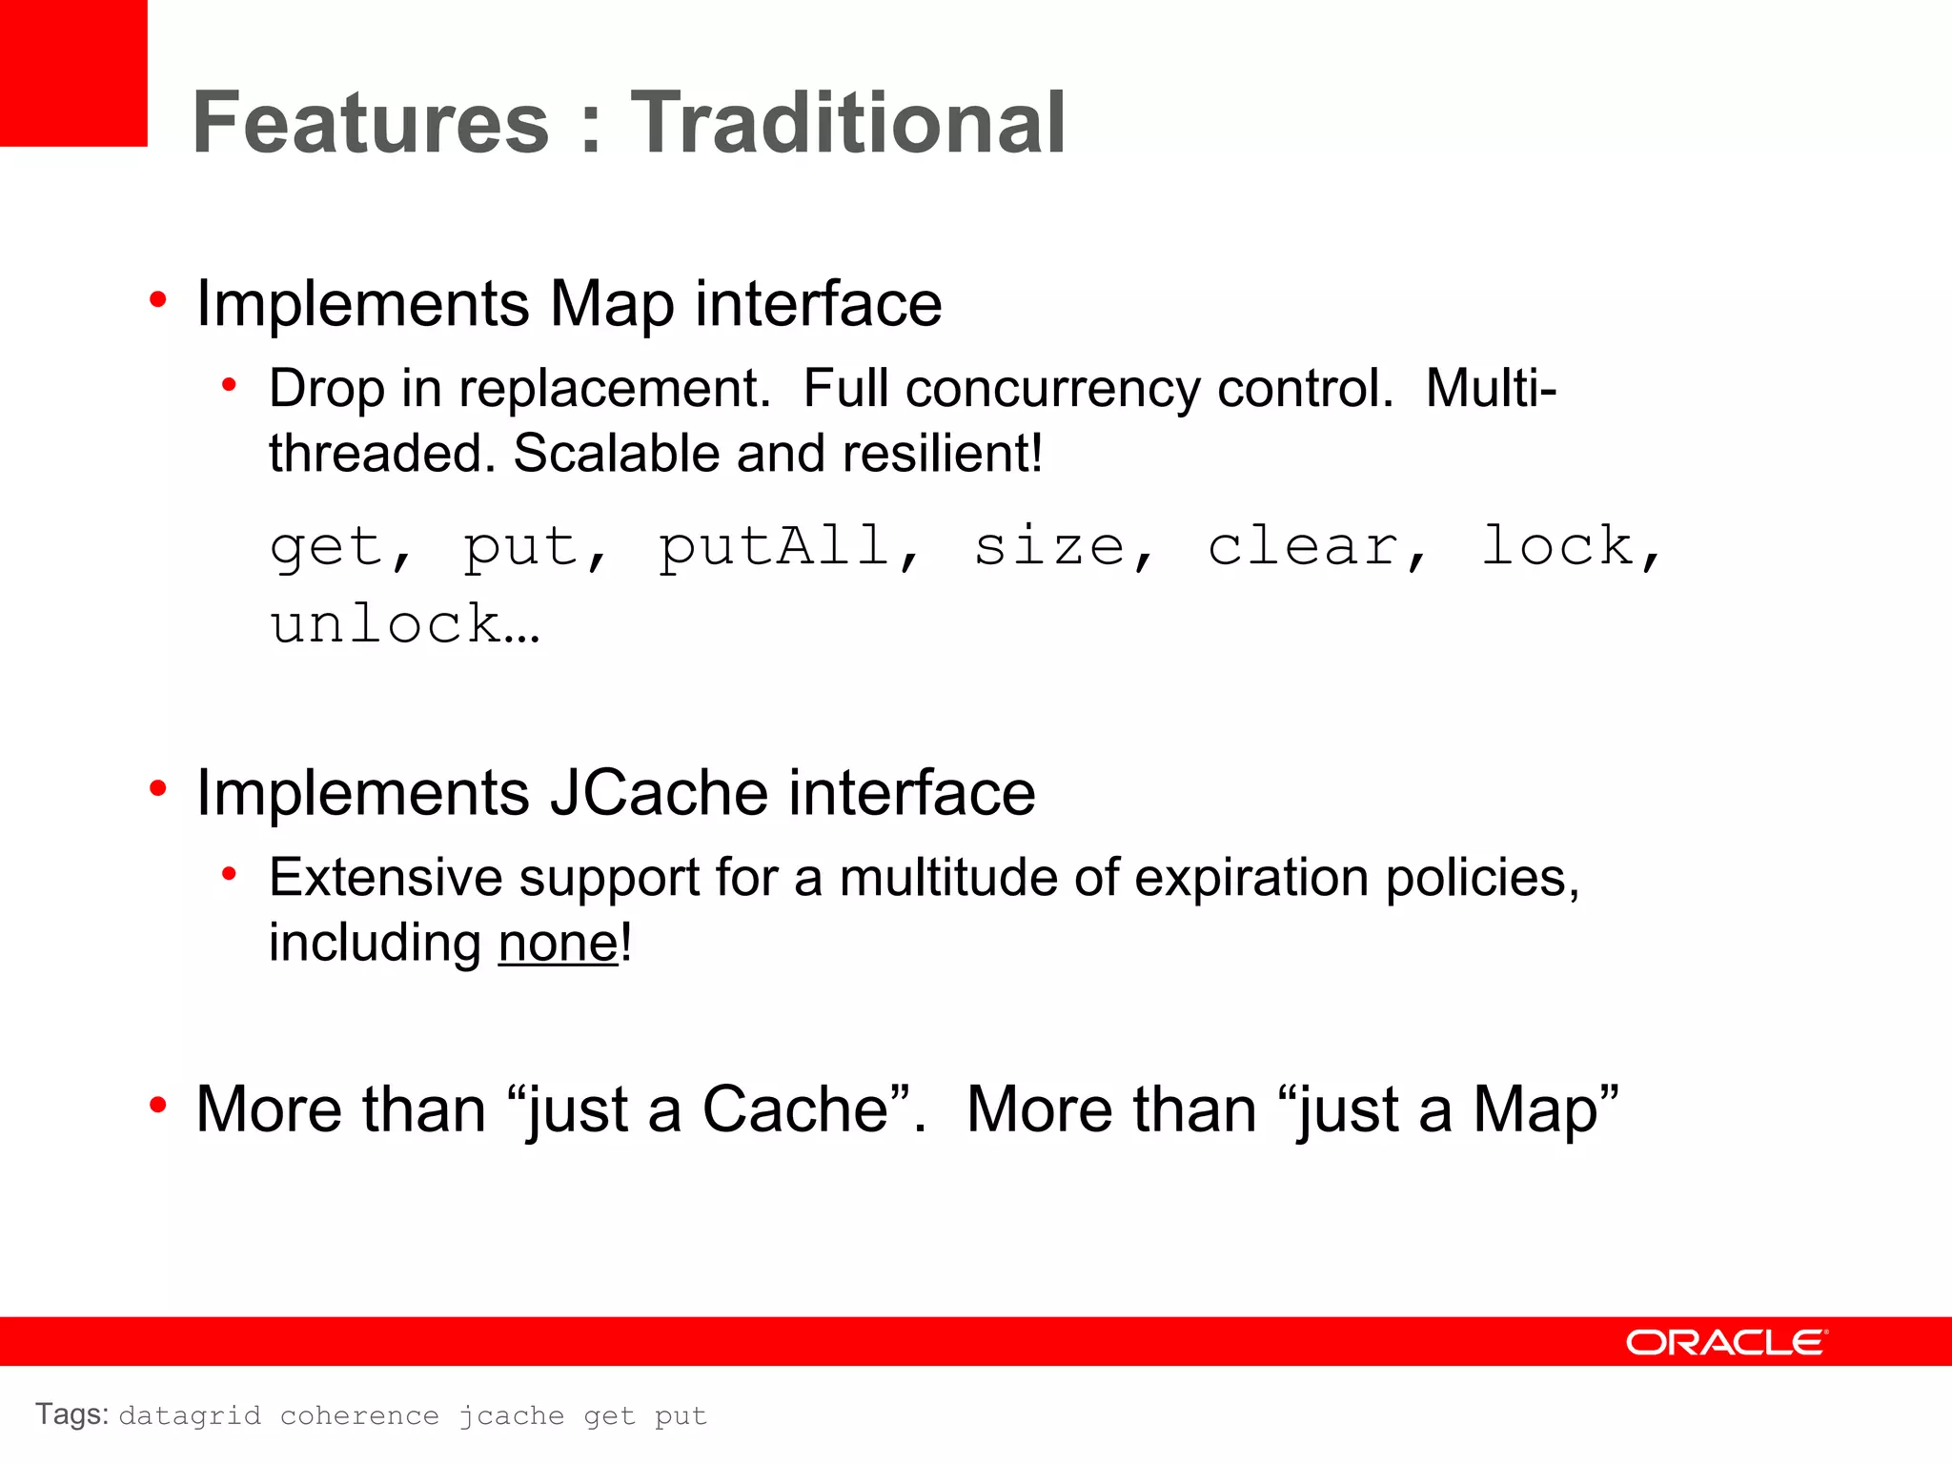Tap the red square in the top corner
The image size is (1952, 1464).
coord(72,72)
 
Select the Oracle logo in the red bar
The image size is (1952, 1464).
coord(1726,1342)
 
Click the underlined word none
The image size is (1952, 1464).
coord(559,944)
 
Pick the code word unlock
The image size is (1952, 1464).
coord(386,625)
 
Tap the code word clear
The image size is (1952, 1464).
coord(1302,548)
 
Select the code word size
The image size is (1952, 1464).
coord(1049,548)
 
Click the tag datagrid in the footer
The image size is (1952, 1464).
coord(190,1416)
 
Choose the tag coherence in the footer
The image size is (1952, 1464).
coord(359,1416)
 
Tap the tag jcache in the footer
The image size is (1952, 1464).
coord(511,1416)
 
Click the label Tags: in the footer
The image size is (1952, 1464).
coord(71,1414)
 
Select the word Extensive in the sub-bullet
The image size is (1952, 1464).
coord(385,877)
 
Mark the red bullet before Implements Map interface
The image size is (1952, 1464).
coord(158,300)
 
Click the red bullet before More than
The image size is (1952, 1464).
coord(158,1106)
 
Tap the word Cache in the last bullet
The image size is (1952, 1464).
coord(797,1110)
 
